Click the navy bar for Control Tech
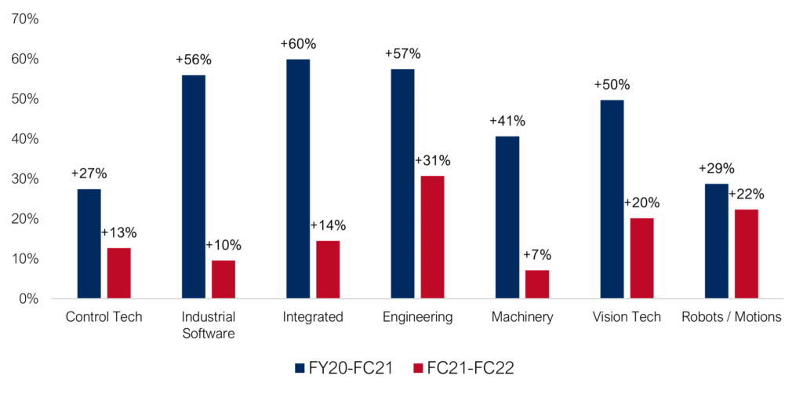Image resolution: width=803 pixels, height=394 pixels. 89,243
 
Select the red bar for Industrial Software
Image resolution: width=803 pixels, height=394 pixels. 223,279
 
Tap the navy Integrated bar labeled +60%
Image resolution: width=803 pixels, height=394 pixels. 298,179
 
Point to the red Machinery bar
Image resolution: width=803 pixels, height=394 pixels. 536,284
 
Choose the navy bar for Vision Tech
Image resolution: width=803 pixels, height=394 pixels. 612,199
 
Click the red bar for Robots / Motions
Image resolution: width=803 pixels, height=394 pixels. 746,254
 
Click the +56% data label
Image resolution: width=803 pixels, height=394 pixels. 194,60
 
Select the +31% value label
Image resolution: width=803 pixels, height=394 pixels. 432,161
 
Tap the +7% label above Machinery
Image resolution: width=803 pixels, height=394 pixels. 536,254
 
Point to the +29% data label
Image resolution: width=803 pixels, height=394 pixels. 716,168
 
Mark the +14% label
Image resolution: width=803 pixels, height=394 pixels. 328,225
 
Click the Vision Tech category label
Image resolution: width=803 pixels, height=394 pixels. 627,317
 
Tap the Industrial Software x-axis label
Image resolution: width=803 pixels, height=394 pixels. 209,325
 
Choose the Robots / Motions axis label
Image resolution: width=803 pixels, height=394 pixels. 731,317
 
